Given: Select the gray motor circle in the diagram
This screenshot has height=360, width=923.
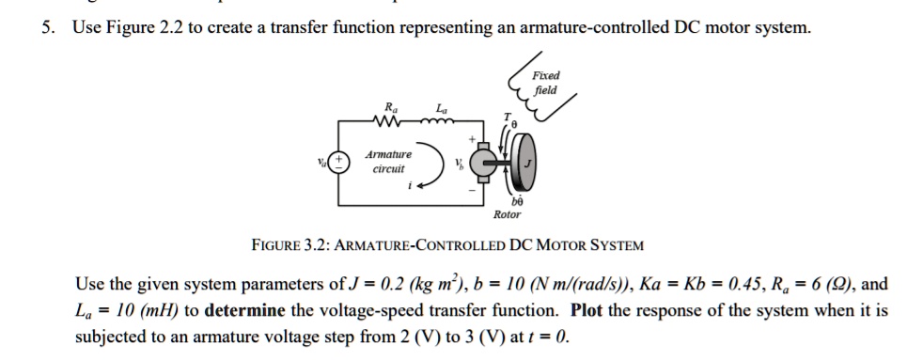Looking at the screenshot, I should point(486,162).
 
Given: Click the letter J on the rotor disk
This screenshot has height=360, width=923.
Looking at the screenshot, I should point(527,162).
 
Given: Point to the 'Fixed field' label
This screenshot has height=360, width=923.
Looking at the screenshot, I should point(544,83).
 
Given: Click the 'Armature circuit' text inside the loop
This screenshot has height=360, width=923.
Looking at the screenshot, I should point(387,162).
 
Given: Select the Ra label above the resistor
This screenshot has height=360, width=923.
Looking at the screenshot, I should point(385,109).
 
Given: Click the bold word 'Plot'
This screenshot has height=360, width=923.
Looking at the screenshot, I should point(590,310).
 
